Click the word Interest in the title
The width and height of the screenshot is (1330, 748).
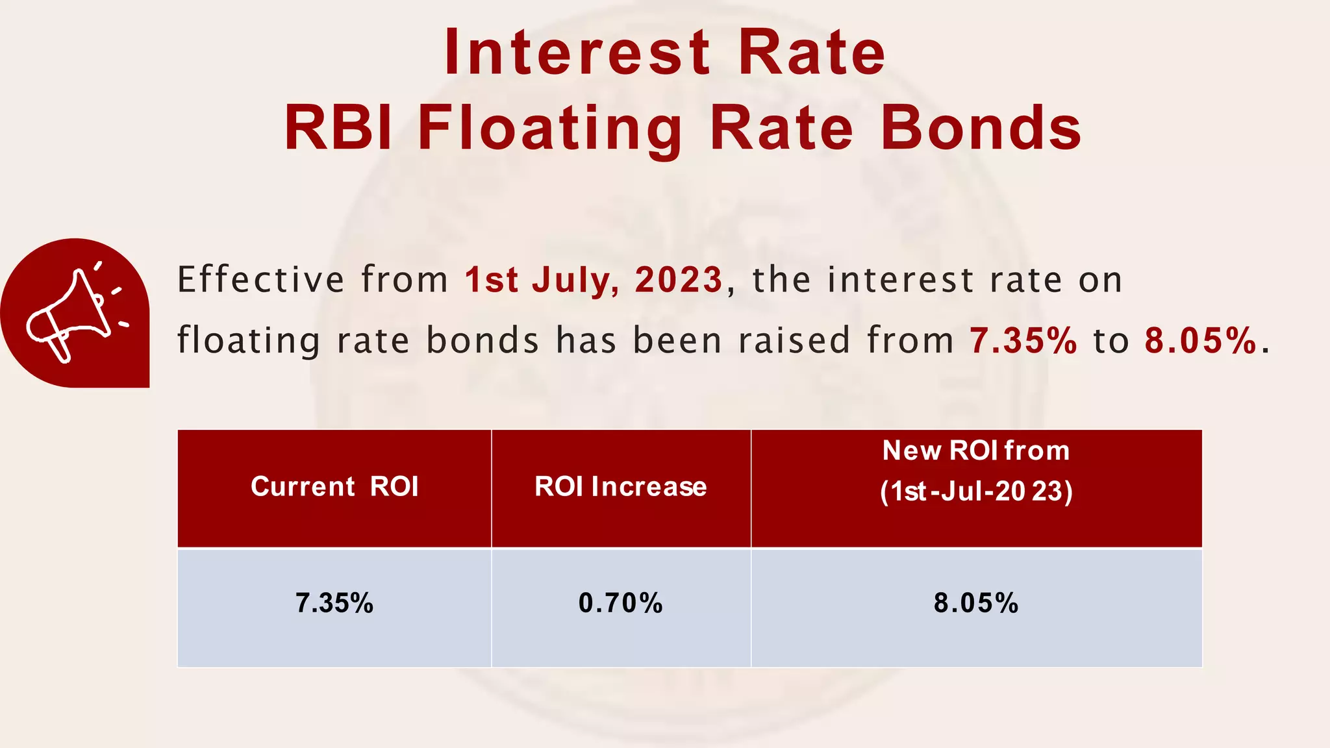(x=577, y=53)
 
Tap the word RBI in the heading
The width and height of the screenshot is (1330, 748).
(x=338, y=129)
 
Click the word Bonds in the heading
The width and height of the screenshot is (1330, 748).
(x=981, y=129)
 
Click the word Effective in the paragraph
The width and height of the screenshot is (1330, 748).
(x=260, y=280)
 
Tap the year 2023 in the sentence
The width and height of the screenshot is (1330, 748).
(x=679, y=280)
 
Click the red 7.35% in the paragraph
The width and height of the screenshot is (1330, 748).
(x=1023, y=340)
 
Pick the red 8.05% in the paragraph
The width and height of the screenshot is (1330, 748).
(x=1201, y=340)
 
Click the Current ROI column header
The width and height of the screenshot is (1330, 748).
(x=334, y=487)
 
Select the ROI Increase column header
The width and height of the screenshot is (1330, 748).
(x=621, y=487)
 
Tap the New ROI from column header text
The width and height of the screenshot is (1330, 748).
(x=976, y=451)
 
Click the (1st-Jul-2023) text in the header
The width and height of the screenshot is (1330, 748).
(x=976, y=492)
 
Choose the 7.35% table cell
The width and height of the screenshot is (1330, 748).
(x=334, y=603)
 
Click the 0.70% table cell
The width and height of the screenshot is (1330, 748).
(x=621, y=603)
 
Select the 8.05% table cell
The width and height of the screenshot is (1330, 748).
(x=976, y=603)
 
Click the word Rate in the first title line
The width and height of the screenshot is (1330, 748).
(x=812, y=53)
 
